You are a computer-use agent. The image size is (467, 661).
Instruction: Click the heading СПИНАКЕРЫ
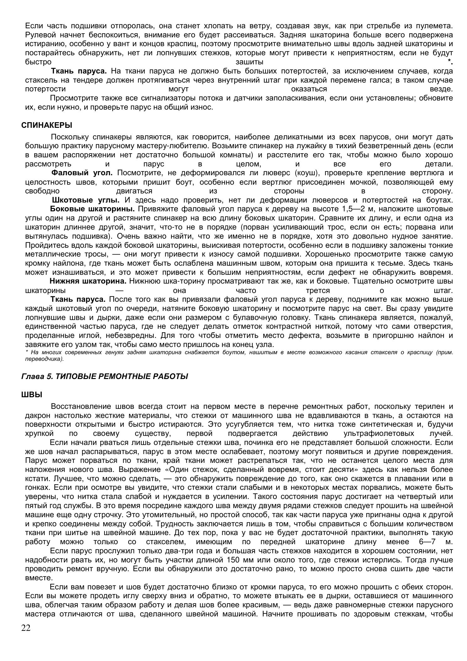click(x=46, y=125)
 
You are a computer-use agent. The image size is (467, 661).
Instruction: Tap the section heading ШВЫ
click(x=32, y=395)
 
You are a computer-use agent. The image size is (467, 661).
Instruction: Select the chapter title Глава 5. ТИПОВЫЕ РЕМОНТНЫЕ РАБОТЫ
click(x=105, y=376)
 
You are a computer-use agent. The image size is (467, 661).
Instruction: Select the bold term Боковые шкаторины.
click(x=92, y=209)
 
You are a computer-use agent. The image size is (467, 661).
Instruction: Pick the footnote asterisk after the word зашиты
click(x=451, y=62)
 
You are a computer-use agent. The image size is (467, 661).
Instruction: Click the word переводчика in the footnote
click(x=44, y=359)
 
